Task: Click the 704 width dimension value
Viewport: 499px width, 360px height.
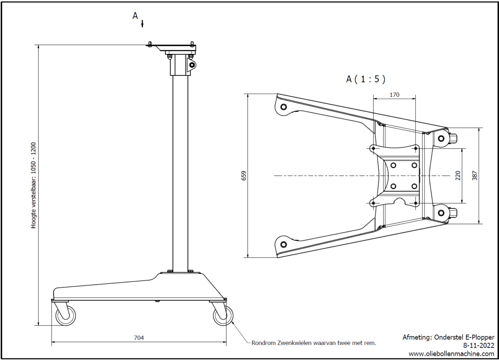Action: click(x=139, y=338)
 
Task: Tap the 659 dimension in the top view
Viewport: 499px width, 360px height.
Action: click(x=244, y=176)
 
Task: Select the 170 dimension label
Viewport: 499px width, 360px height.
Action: click(x=394, y=95)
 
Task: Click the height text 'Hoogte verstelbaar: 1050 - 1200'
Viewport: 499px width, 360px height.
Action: click(x=34, y=186)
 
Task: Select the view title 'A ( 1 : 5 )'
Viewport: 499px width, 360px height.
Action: click(x=366, y=79)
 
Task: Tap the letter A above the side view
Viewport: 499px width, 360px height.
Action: click(x=135, y=16)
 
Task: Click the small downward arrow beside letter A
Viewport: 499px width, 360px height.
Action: click(x=142, y=23)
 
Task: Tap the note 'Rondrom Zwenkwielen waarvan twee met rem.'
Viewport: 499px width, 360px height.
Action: click(x=314, y=343)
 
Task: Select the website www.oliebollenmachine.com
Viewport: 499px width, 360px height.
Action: click(x=452, y=353)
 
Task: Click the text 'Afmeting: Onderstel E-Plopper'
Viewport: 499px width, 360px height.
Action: click(x=448, y=337)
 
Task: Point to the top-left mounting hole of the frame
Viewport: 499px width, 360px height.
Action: click(x=284, y=107)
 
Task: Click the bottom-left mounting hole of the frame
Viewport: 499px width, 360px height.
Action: click(x=284, y=244)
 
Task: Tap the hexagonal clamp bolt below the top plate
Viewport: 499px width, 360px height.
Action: click(x=192, y=65)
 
